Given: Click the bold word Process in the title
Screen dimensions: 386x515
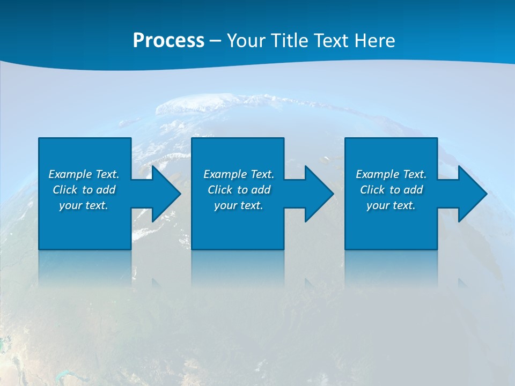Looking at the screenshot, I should (x=168, y=41).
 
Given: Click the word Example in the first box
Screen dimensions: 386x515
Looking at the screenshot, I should (x=70, y=174).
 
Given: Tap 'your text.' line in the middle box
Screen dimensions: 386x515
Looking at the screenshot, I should (x=238, y=205).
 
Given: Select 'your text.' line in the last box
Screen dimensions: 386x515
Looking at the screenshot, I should (x=391, y=205).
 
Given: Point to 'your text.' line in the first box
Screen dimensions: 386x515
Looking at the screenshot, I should (x=83, y=205).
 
